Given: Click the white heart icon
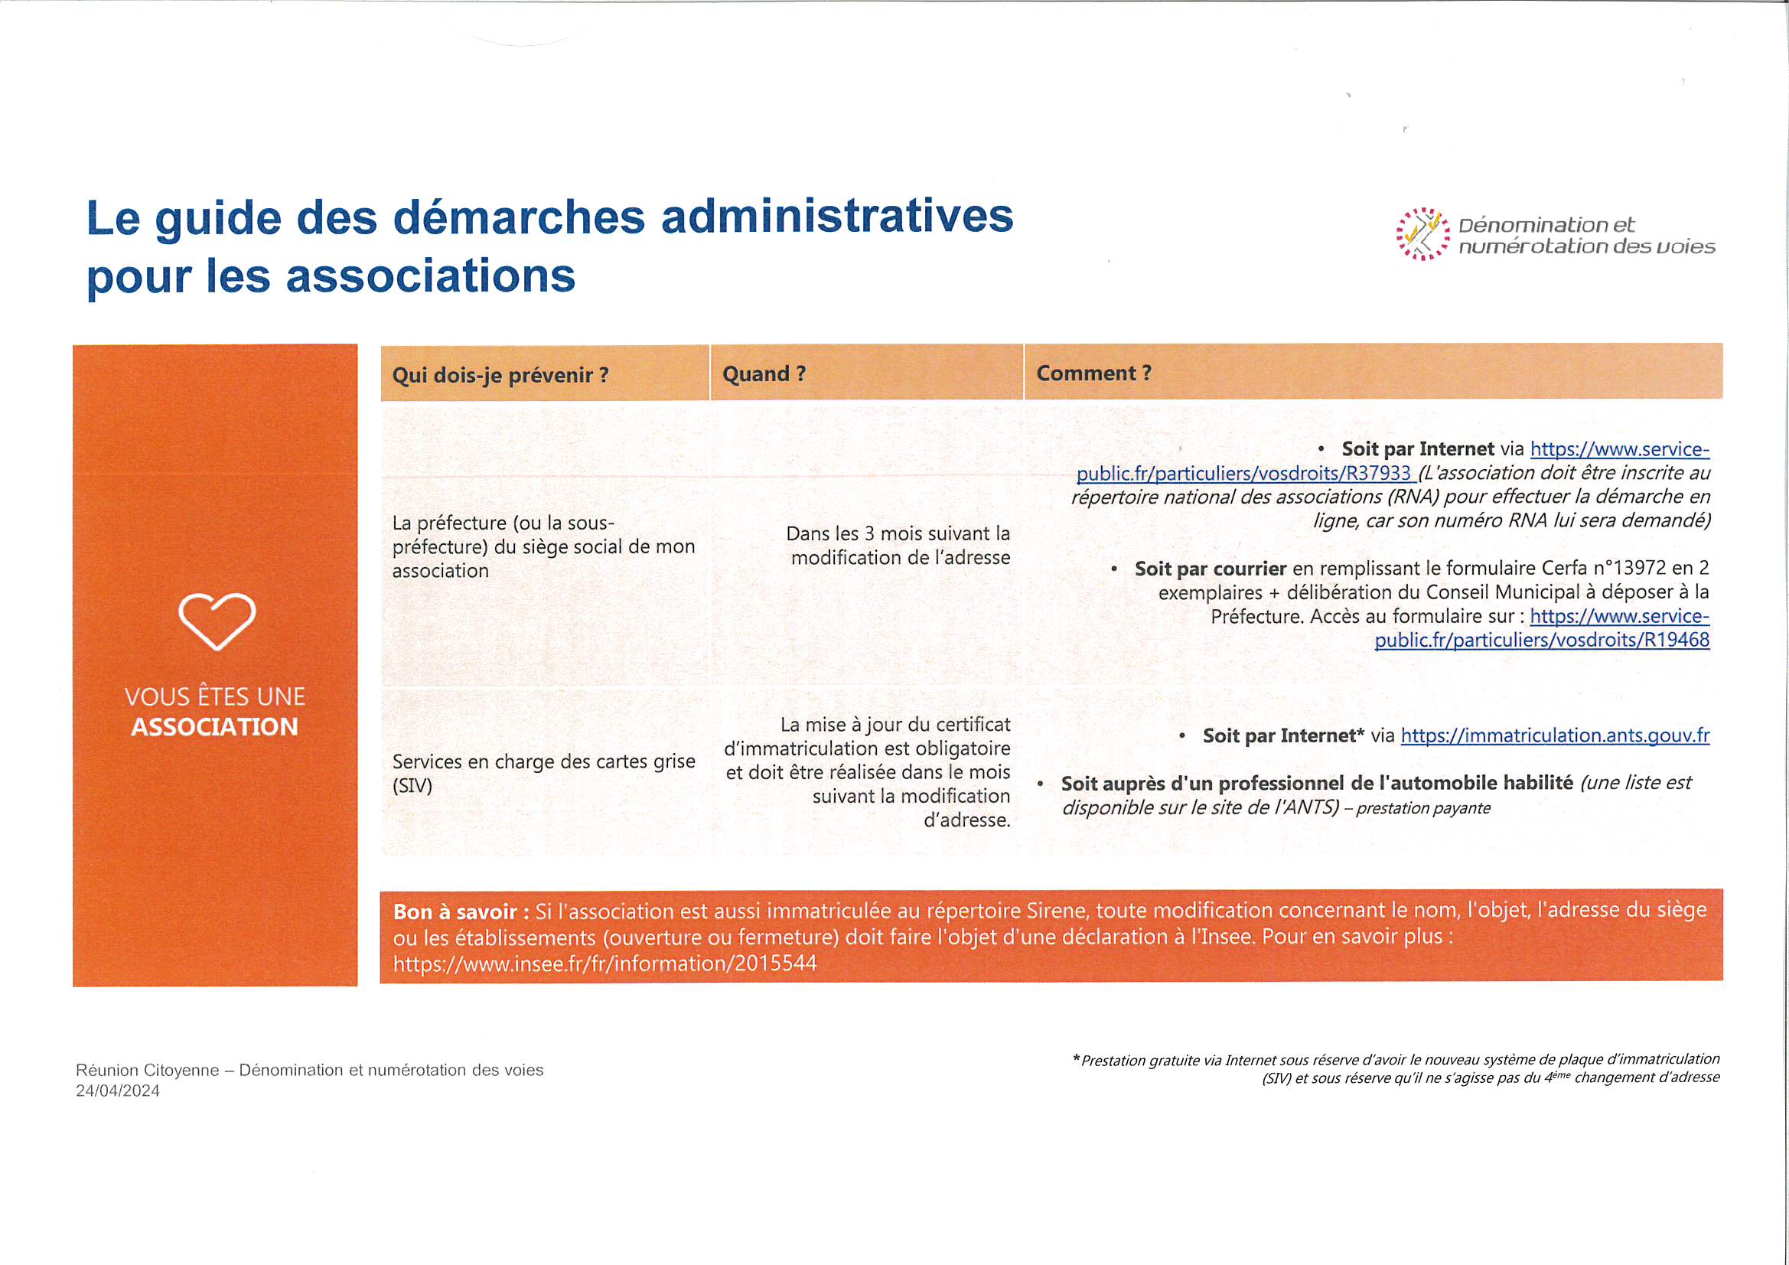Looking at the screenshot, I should point(217,621).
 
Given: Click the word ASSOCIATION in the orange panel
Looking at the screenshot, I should point(214,727).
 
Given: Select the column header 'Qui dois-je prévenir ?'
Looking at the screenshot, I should point(500,375).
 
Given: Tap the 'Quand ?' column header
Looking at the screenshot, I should point(764,374).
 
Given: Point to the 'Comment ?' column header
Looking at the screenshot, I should point(1093,373).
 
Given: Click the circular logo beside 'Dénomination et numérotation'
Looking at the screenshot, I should point(1422,234).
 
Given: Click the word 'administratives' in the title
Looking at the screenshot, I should point(837,217).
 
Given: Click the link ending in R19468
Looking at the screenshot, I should point(1541,641).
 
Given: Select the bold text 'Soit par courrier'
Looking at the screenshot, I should point(1210,569).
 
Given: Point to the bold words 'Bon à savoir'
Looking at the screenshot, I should point(455,912).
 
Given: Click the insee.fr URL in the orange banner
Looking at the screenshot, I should point(604,964).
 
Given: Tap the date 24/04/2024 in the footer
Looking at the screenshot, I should point(118,1091).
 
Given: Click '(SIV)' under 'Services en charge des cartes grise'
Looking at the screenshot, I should point(412,786).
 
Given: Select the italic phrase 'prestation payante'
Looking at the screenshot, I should point(1422,808).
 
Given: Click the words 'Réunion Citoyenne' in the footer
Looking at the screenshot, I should point(147,1070).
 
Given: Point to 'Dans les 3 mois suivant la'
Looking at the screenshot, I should point(898,534).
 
